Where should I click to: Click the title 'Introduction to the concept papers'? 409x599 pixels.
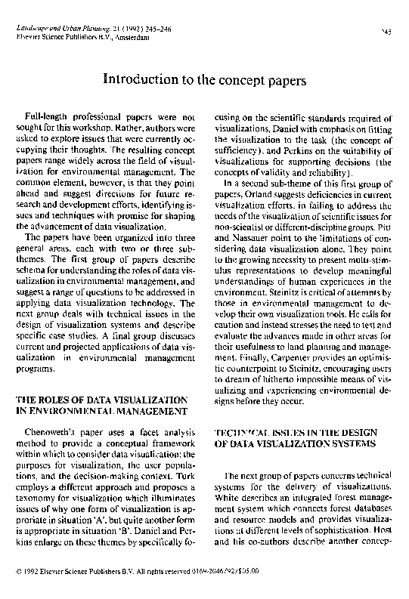pos(204,79)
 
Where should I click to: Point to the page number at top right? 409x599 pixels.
pos(386,32)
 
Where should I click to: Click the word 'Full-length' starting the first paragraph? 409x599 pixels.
pos(47,119)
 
